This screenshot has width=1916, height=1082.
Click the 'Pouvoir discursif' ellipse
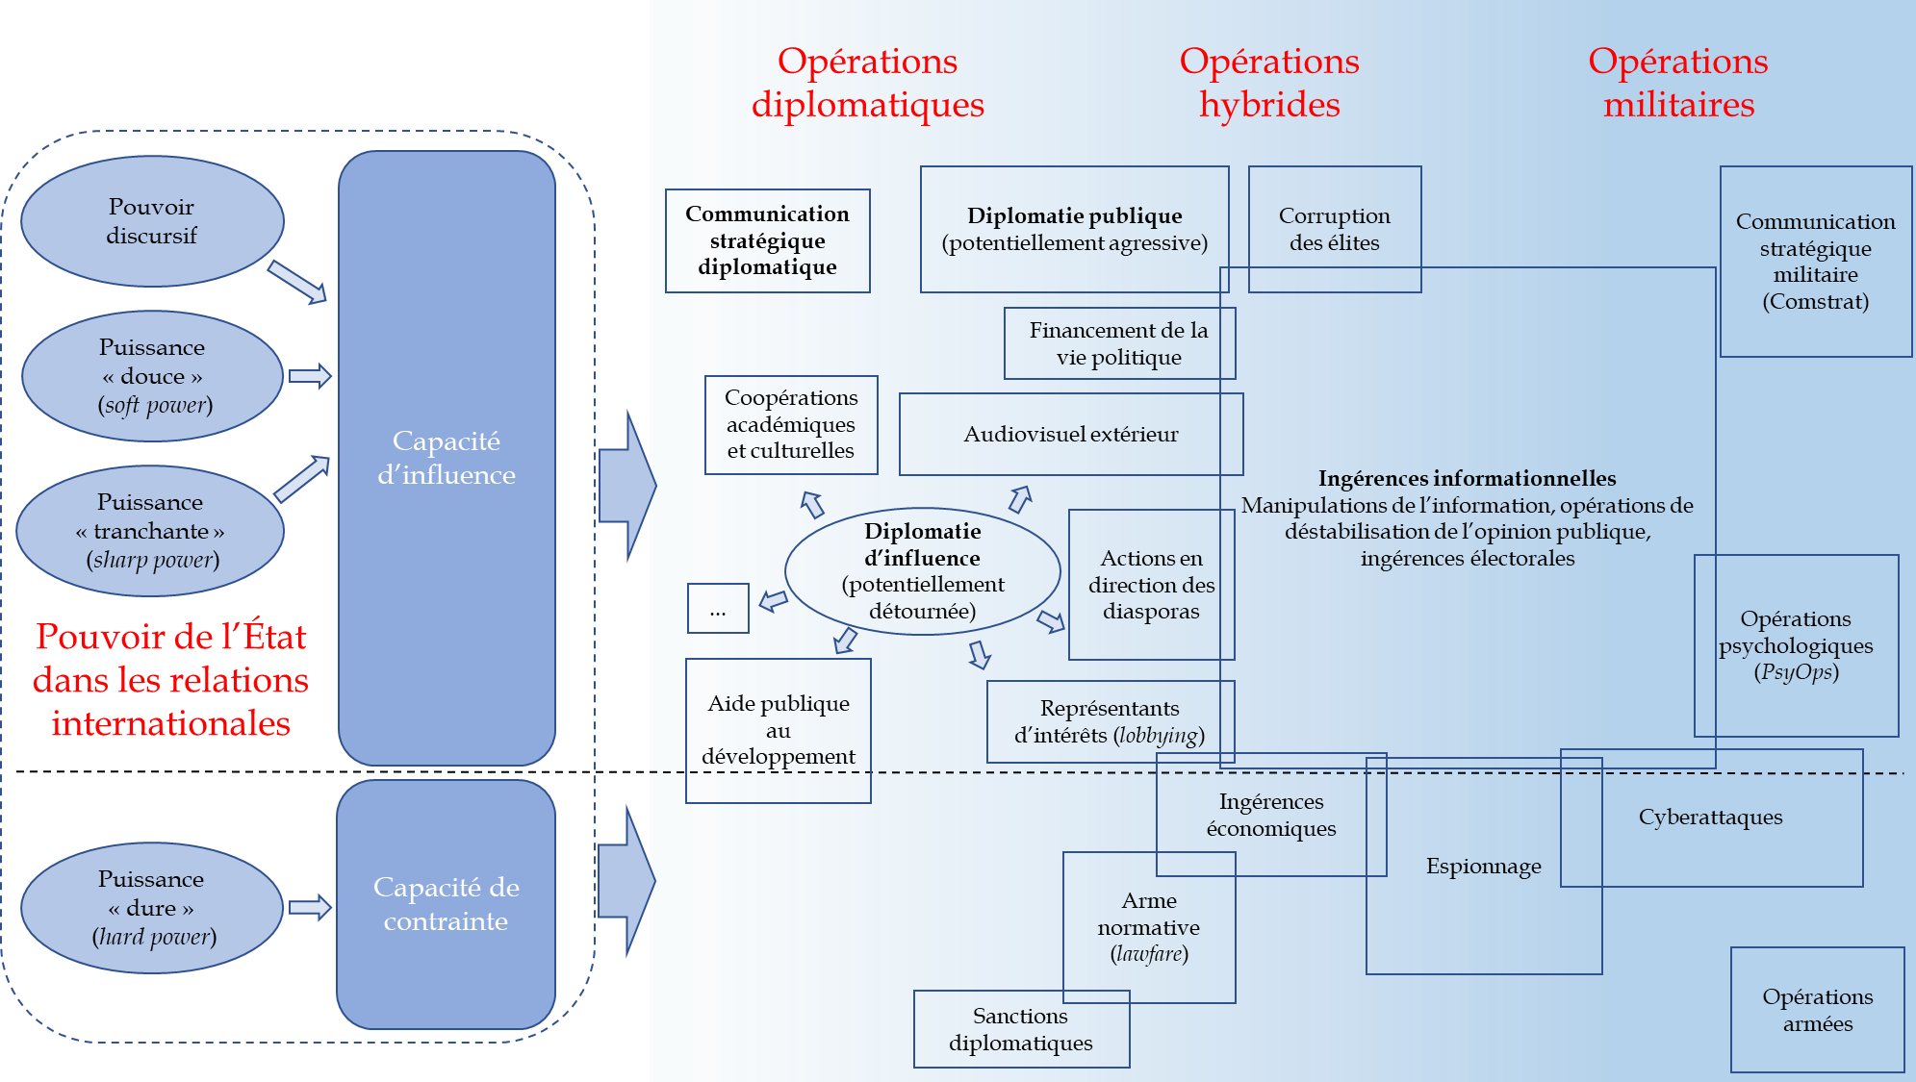pos(152,221)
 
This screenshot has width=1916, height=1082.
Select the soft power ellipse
pos(152,376)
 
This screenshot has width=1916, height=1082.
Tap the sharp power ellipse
pos(150,531)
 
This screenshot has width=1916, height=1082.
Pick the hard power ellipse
pos(152,908)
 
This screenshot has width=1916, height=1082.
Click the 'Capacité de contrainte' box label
pos(446,904)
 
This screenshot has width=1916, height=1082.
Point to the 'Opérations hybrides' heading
pos(1269,83)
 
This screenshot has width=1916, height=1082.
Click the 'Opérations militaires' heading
pos(1678,83)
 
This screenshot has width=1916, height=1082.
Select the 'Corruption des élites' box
pos(1334,229)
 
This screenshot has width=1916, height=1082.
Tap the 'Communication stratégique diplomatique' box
pos(767,240)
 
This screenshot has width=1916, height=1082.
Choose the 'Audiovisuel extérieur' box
pos(1070,434)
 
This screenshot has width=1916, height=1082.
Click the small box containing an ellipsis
pos(718,609)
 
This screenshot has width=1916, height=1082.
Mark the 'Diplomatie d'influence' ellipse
pos(922,571)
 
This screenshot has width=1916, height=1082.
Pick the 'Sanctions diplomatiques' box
pos(1020,1029)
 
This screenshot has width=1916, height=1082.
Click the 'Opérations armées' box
pos(1817,1010)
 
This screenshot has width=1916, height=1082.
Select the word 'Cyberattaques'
pos(1710,818)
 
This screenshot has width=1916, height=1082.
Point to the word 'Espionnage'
pos(1483,867)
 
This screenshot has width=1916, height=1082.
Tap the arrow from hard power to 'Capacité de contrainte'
pos(310,907)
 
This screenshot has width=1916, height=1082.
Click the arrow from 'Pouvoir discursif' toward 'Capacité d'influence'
pos(296,281)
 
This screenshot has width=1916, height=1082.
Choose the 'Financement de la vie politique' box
pos(1118,343)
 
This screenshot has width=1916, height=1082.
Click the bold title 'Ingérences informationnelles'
pos(1467,478)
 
